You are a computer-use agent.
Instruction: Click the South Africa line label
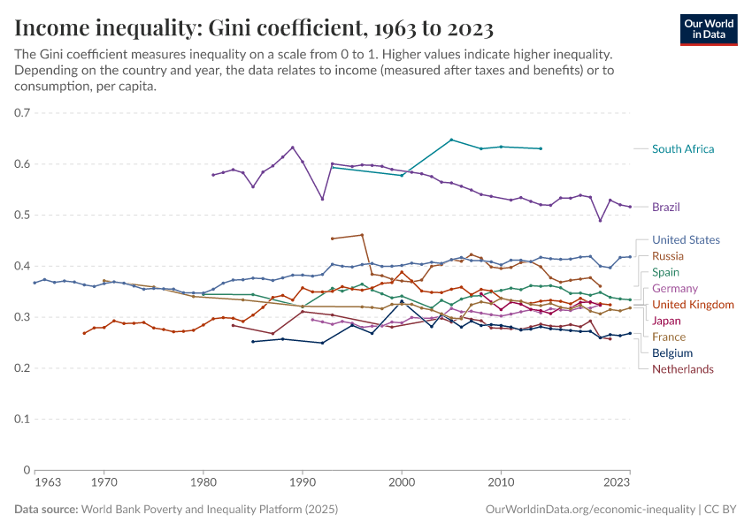coord(682,149)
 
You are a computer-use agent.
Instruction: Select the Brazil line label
coord(666,207)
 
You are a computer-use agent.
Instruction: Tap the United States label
coord(686,240)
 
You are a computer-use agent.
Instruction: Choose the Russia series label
coord(668,256)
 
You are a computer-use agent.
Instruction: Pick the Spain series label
coord(665,272)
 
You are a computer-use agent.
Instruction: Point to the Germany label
coord(674,289)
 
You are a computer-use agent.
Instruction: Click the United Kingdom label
coord(693,305)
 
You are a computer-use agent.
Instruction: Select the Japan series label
coord(666,321)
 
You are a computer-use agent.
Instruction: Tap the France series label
coord(668,337)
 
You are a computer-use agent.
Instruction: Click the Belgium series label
coord(671,352)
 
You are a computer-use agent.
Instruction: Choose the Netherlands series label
coord(682,369)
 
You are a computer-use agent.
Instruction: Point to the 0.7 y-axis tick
coord(23,113)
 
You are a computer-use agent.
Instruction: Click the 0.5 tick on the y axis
coord(23,216)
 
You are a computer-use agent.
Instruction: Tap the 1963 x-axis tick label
coord(47,484)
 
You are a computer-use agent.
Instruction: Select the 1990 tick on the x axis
coord(303,484)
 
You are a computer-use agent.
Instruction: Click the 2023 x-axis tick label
coord(617,484)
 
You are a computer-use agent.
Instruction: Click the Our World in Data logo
coord(709,29)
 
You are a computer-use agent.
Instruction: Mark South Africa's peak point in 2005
coord(451,140)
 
